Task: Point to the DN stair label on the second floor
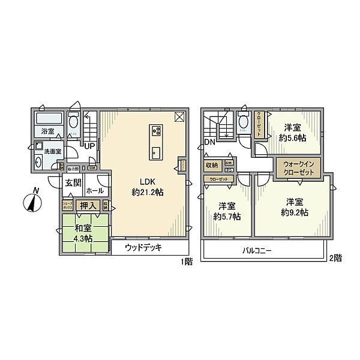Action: click(209, 142)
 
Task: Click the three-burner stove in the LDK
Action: click(155, 131)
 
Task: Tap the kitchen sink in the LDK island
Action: click(155, 151)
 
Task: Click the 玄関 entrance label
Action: click(73, 183)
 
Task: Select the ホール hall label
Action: click(95, 191)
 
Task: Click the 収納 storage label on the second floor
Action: click(212, 164)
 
